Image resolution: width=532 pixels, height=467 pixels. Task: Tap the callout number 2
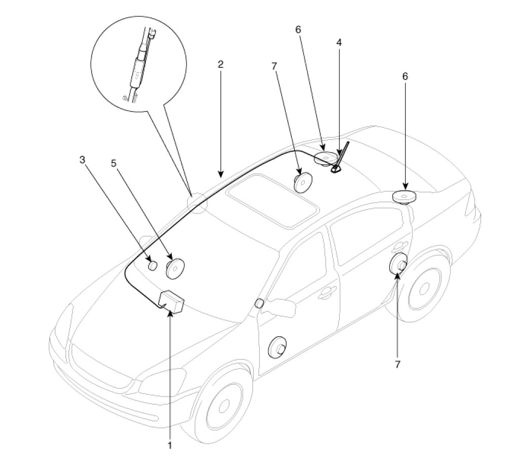pos(220,64)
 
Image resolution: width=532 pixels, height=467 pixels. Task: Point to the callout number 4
pos(339,43)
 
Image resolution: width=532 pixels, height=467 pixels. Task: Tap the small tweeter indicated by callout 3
pos(153,265)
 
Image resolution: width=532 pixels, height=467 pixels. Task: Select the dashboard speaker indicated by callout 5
pos(175,267)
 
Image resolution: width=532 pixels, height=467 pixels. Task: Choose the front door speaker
pos(277,347)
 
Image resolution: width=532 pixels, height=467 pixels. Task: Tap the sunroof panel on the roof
pos(272,200)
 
